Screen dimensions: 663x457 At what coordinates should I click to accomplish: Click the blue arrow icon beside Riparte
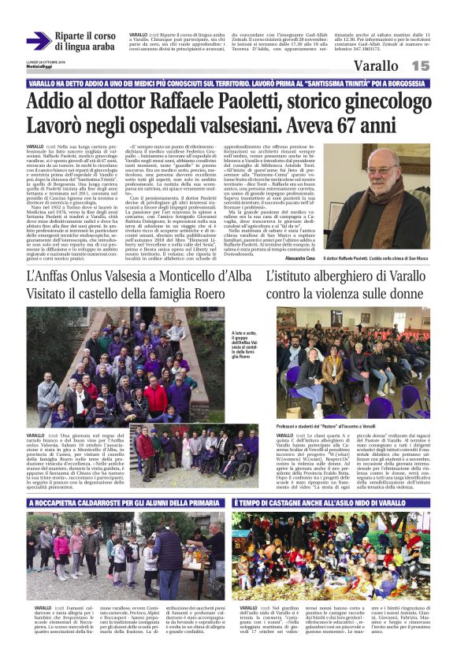(38, 41)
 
